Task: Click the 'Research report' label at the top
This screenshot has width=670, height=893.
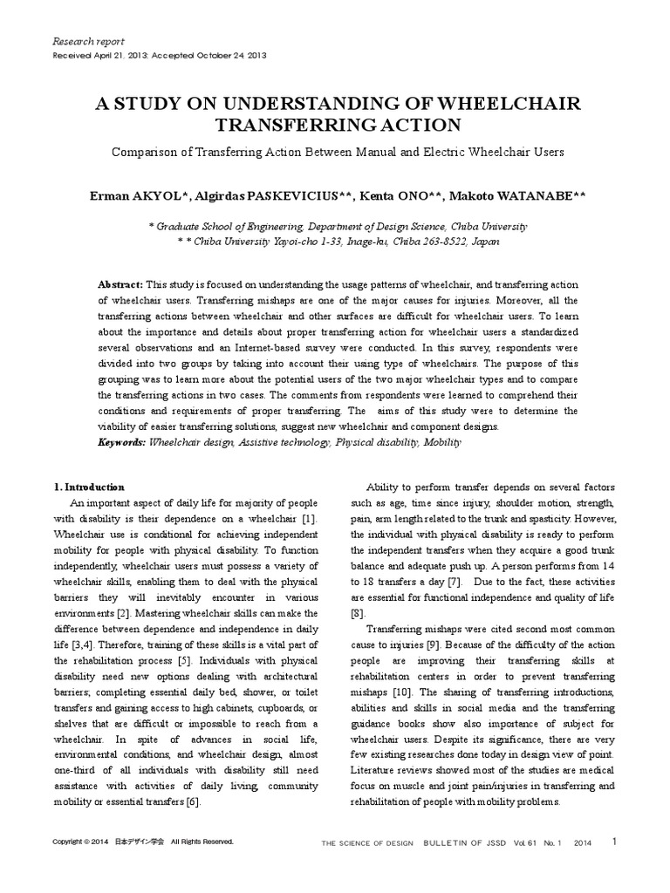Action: [89, 41]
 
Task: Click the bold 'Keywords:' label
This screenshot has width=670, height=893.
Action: [122, 443]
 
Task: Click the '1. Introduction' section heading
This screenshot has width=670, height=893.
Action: [90, 487]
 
